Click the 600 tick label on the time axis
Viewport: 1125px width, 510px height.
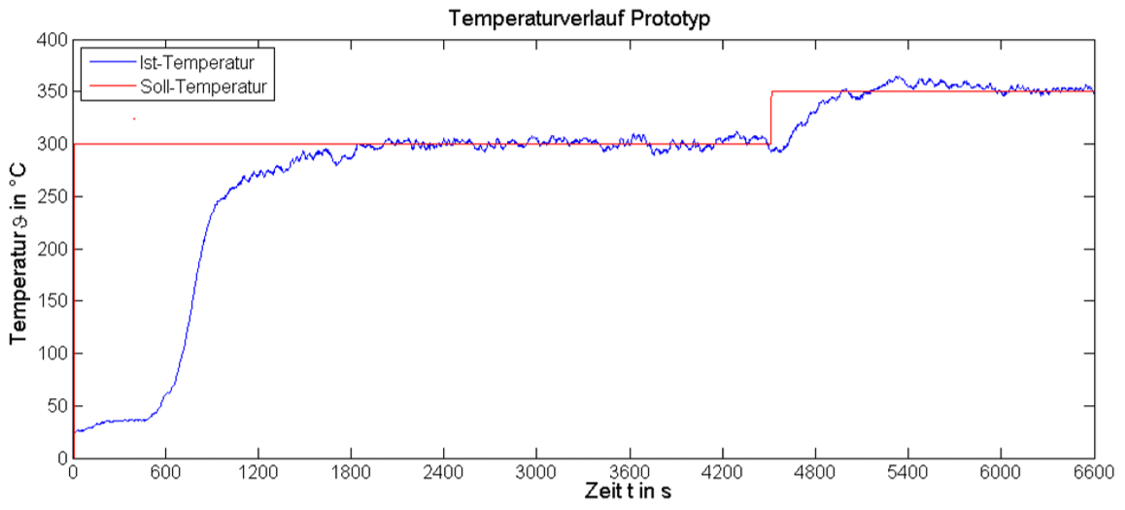[x=165, y=473]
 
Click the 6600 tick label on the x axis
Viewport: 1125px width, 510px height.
[x=1093, y=473]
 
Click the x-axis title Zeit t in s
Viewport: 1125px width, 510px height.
[x=628, y=492]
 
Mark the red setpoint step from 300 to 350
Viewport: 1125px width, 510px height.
[x=771, y=118]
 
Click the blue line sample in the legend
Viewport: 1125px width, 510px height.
[x=106, y=63]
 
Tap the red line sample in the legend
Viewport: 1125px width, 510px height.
[x=106, y=87]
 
